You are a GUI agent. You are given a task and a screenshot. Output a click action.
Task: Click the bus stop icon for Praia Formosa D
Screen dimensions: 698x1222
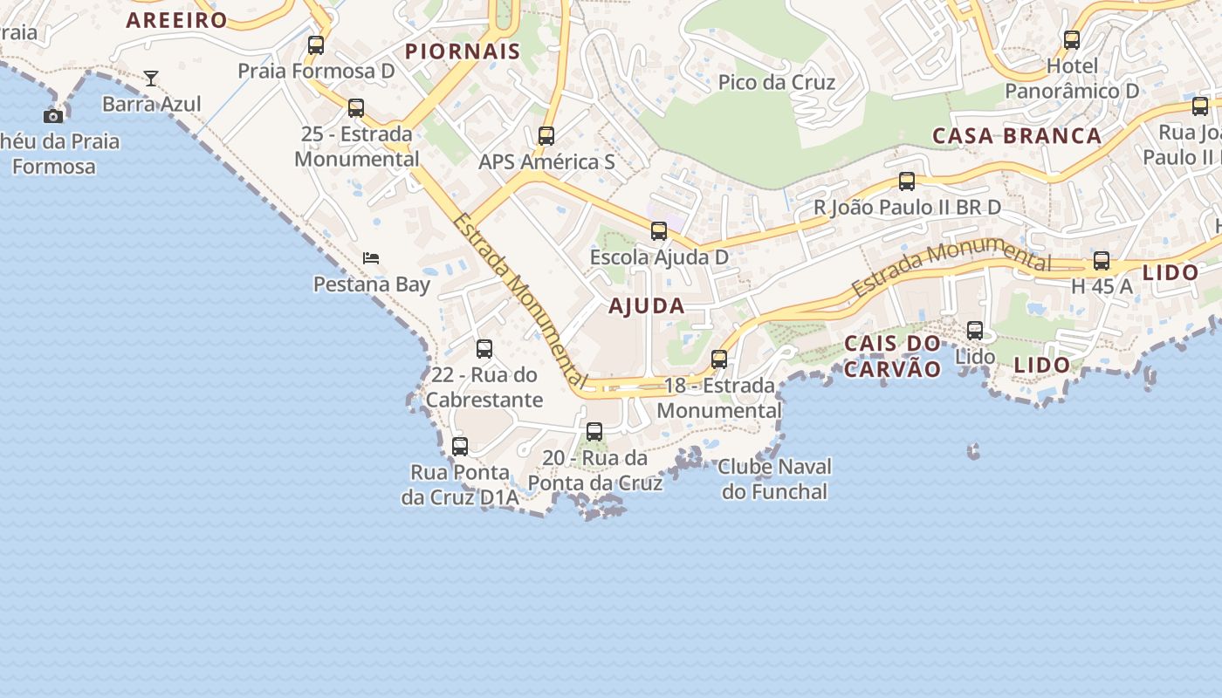(316, 44)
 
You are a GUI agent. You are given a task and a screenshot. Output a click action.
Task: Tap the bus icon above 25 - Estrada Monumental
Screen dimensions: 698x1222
(356, 108)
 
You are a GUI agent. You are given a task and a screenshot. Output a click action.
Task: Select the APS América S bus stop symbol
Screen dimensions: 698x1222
(546, 136)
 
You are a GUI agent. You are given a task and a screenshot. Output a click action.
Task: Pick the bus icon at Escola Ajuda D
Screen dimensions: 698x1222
(659, 231)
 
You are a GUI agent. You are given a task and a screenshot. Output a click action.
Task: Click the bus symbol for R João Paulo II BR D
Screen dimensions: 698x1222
(907, 181)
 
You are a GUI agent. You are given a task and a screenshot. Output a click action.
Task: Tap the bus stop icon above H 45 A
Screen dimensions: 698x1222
(1102, 261)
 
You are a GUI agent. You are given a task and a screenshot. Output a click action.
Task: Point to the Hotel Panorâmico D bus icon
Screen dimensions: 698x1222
(1072, 40)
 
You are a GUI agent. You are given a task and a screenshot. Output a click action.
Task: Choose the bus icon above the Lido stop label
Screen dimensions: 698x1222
(975, 331)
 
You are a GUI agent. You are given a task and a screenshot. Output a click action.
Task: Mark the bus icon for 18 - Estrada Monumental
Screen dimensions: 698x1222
(719, 359)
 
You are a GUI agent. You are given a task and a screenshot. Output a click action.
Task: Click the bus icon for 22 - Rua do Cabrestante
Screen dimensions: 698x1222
(484, 349)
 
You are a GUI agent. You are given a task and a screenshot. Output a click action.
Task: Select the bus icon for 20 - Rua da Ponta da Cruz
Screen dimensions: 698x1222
(594, 431)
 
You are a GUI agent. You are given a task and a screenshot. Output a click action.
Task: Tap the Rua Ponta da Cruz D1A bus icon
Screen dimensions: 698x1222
(460, 447)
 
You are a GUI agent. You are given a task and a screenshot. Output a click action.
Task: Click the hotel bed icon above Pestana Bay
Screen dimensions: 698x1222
(371, 258)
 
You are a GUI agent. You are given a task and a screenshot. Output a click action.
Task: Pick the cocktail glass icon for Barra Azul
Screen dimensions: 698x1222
(151, 79)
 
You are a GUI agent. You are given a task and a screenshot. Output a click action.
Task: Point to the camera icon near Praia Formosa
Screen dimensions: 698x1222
(53, 116)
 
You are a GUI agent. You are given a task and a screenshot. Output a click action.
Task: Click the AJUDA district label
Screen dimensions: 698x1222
(647, 306)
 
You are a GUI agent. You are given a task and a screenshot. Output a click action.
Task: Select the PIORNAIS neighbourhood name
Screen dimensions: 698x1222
(463, 51)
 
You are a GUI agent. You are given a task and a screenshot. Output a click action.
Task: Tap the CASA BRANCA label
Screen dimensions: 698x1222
(1017, 136)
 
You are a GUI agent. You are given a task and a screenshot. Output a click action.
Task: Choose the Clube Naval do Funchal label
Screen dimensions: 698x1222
(774, 479)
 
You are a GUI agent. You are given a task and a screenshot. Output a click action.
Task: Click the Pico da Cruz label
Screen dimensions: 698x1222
(777, 83)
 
